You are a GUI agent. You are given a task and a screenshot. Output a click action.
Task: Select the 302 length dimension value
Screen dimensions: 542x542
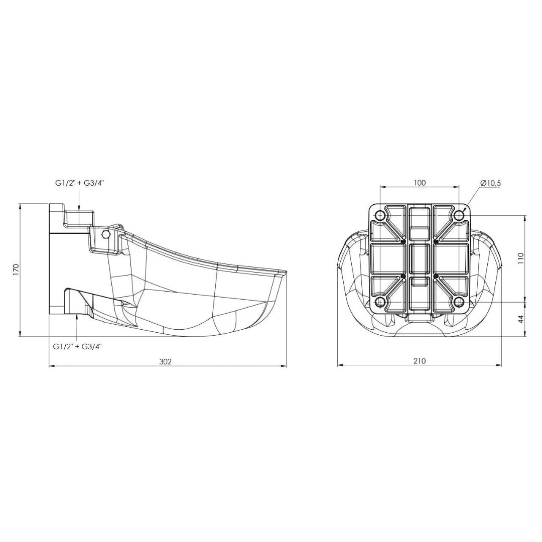click(x=165, y=361)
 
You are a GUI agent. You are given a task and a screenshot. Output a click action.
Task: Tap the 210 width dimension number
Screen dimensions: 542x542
click(x=419, y=361)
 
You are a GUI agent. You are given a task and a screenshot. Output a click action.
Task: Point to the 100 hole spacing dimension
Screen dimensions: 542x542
click(x=419, y=183)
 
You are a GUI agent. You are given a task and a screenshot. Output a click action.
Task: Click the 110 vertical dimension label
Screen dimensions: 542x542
click(x=521, y=259)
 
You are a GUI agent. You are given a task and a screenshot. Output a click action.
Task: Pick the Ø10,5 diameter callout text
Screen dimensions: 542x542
click(x=490, y=183)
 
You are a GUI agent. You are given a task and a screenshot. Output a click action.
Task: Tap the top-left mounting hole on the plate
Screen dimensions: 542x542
click(x=380, y=216)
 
